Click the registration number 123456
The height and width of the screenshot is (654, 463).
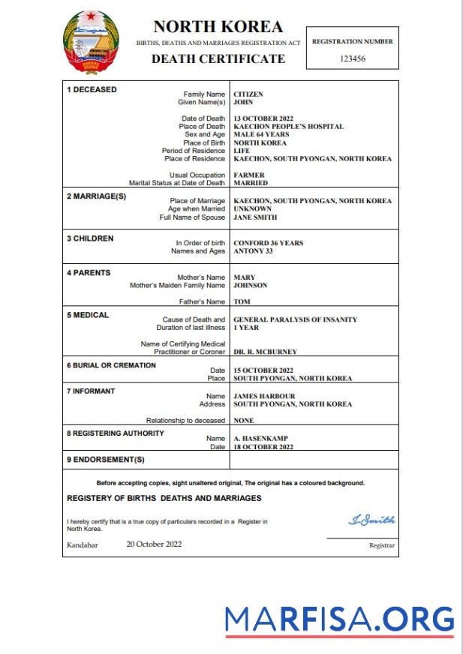352,58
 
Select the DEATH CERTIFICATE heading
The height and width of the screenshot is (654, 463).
218,58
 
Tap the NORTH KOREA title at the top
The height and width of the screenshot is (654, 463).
218,27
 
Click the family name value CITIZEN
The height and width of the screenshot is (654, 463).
248,94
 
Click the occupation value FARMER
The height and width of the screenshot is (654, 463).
250,175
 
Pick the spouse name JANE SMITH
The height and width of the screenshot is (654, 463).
255,217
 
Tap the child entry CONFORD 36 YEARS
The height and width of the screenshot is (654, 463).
269,243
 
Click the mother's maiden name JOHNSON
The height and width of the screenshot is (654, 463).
251,285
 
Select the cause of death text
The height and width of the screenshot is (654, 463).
296,319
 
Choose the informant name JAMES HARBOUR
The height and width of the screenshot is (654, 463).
264,396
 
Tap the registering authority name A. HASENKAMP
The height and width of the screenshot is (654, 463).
259,439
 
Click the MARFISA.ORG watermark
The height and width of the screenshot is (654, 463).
339,620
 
